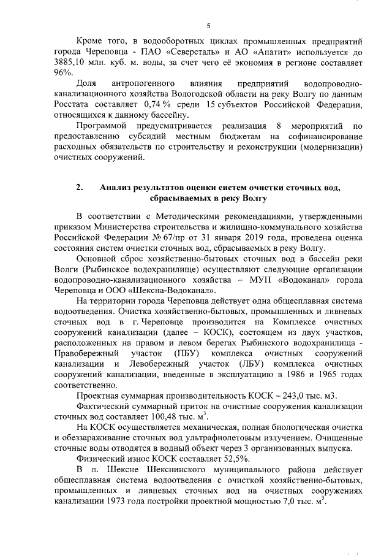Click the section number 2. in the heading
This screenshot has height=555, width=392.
(x=80, y=186)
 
